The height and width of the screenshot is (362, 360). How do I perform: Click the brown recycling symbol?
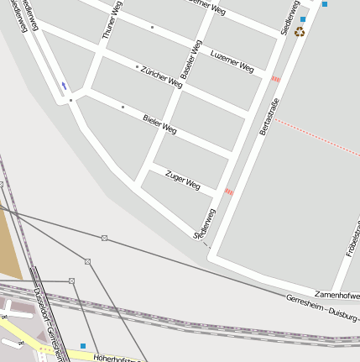pyautogui.click(x=300, y=32)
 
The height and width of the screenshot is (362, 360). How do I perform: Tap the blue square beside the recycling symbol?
pyautogui.click(x=303, y=18)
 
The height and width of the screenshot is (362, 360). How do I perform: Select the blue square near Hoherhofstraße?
pyautogui.click(x=83, y=345)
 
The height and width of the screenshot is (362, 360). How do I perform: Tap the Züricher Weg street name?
pyautogui.click(x=161, y=76)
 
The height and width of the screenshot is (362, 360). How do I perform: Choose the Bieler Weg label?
pyautogui.click(x=159, y=124)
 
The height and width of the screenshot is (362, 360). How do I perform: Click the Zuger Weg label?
pyautogui.click(x=183, y=179)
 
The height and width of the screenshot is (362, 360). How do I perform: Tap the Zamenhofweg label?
pyautogui.click(x=337, y=296)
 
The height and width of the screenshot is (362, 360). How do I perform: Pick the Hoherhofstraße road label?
pyautogui.click(x=114, y=358)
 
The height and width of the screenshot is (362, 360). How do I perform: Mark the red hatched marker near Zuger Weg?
pyautogui.click(x=229, y=191)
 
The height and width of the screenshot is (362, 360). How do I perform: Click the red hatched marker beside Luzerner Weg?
pyautogui.click(x=275, y=79)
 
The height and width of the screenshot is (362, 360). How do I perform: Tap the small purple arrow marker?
pyautogui.click(x=64, y=86)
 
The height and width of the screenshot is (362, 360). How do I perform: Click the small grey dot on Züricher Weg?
pyautogui.click(x=137, y=66)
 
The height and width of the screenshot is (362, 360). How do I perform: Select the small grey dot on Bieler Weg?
pyautogui.click(x=123, y=108)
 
